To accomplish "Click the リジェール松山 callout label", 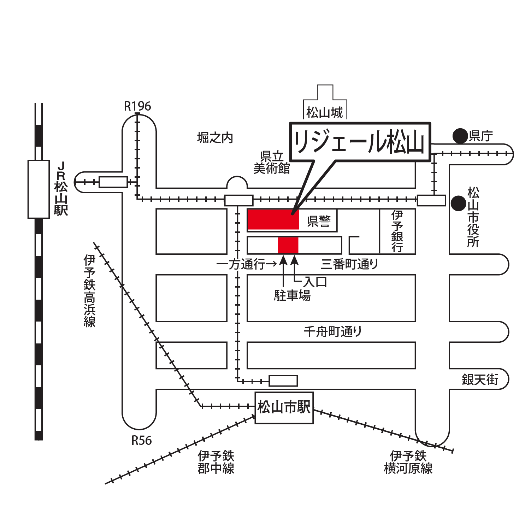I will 360,142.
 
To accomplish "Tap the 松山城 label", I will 325,113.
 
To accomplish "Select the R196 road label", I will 137,106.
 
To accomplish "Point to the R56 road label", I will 141,441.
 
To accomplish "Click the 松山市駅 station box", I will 284,407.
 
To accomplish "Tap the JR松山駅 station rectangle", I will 39,189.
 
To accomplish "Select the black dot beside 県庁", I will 460,136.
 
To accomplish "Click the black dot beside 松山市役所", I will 459,203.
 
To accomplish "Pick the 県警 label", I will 319,221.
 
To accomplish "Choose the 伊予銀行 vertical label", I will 397,231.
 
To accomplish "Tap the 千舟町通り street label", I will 333,331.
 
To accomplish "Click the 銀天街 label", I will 480,379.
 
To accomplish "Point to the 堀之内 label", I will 215,138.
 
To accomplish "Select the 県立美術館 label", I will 272,163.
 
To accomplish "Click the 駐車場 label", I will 292,295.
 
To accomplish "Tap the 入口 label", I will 315,282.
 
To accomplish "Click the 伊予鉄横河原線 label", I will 408,462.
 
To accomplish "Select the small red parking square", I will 288,245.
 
